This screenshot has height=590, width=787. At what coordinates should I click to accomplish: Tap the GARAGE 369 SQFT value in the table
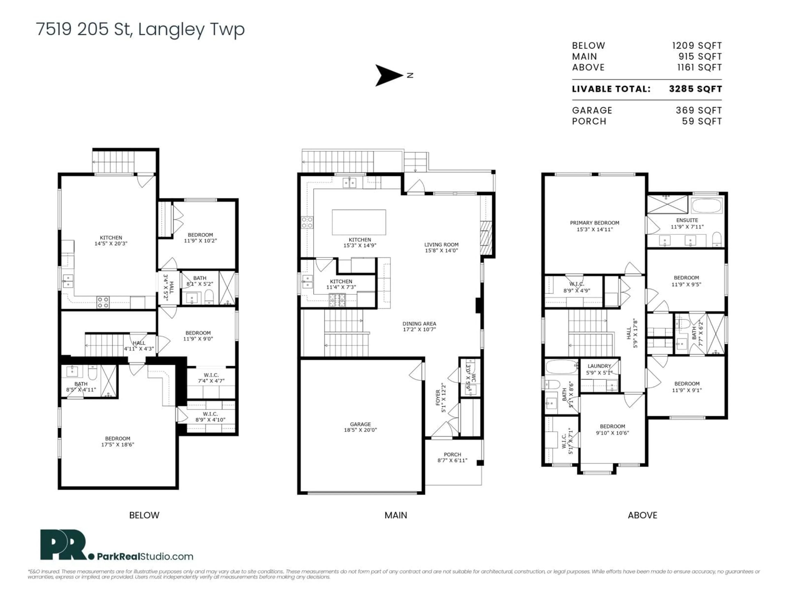[698, 111]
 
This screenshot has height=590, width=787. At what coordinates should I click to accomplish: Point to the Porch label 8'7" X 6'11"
[452, 457]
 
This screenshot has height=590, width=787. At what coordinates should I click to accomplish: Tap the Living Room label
[441, 247]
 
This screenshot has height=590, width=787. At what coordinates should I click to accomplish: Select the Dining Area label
[419, 327]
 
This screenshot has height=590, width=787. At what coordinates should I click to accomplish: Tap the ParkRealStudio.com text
[145, 557]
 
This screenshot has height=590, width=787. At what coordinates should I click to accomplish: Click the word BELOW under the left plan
[144, 515]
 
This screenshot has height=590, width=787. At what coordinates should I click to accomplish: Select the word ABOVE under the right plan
[642, 515]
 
